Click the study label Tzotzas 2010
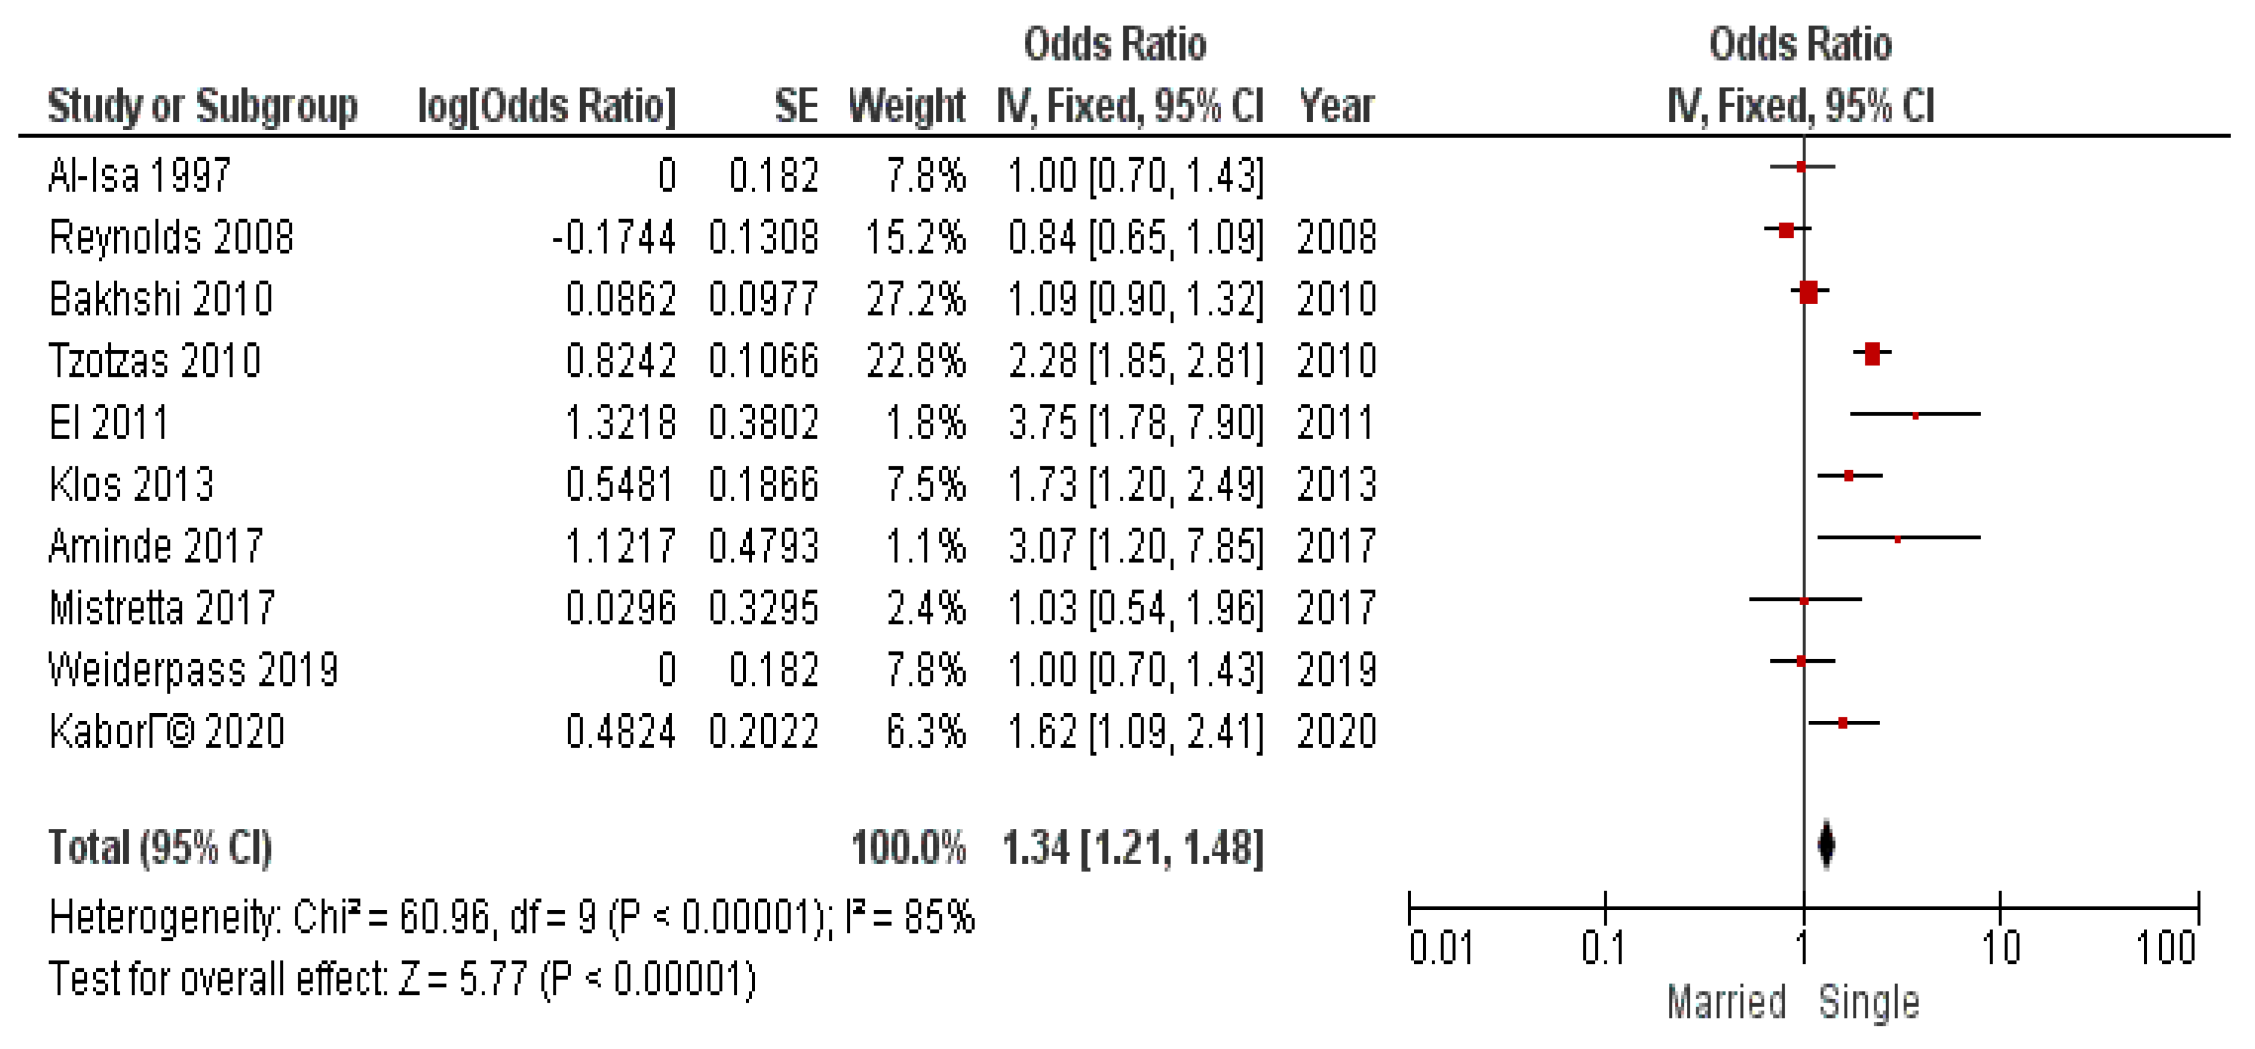tap(155, 361)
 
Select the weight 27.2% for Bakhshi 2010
tap(916, 300)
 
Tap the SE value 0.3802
tap(763, 423)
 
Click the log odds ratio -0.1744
tap(614, 237)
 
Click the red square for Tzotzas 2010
tap(1872, 354)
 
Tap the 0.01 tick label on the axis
tap(1441, 948)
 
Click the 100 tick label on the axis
tap(2165, 948)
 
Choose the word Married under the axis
tap(1725, 1002)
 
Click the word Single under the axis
tap(1869, 1002)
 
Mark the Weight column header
tap(907, 106)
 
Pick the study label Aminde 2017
tap(156, 546)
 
